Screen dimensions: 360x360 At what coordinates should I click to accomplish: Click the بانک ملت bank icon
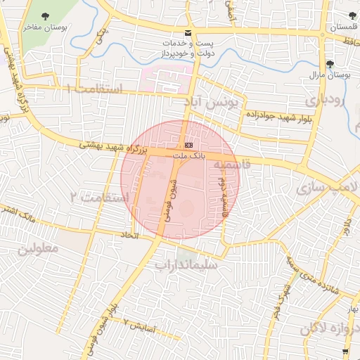pyautogui.click(x=188, y=144)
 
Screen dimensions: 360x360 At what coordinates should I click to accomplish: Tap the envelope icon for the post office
pyautogui.click(x=188, y=33)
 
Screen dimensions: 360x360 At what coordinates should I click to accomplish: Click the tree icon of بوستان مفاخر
pyautogui.click(x=46, y=15)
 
